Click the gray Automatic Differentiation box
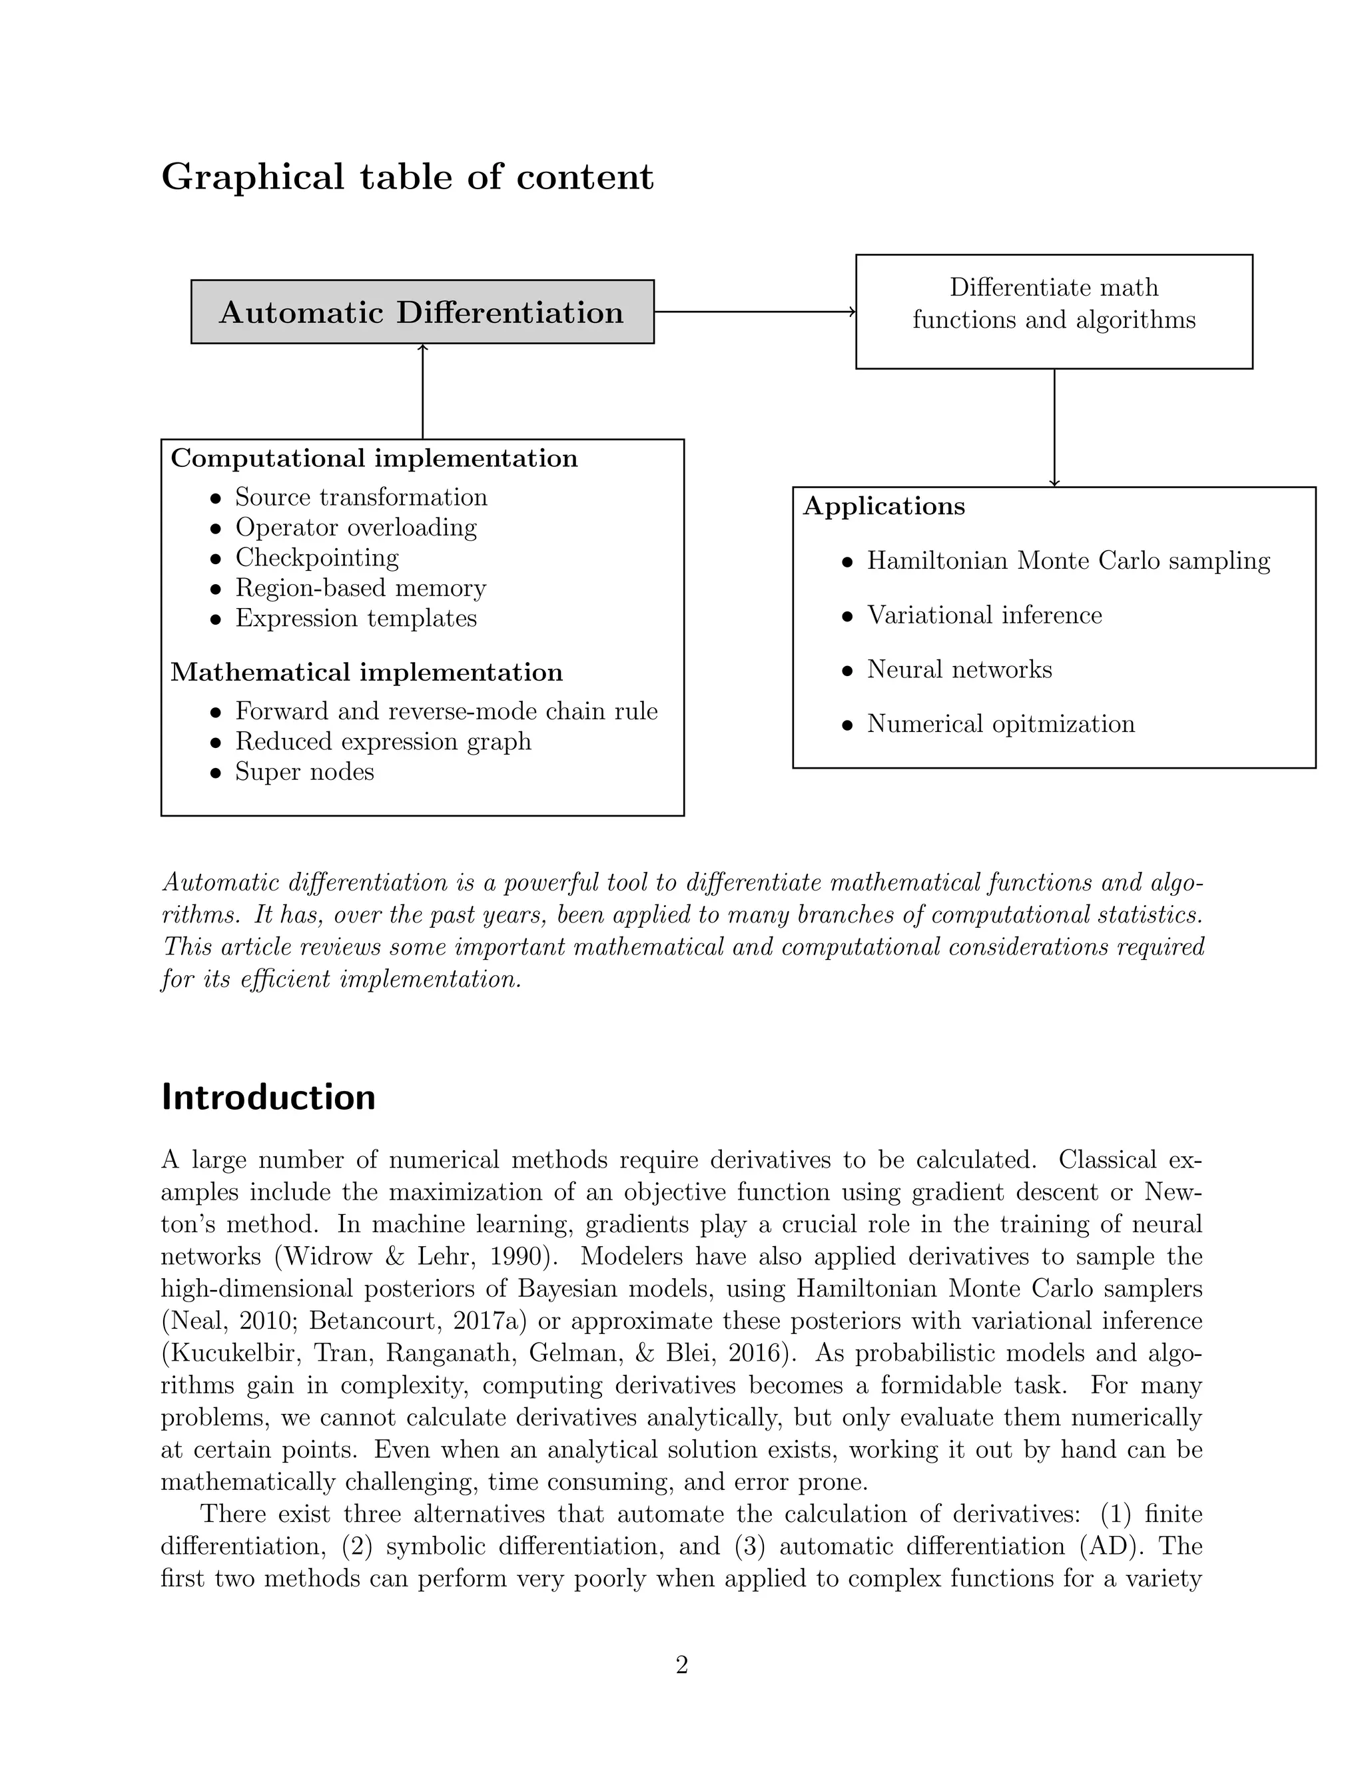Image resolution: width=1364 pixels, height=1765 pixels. click(x=422, y=312)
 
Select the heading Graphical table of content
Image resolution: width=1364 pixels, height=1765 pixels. click(x=407, y=177)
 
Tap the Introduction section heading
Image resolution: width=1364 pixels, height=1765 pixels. click(x=268, y=1098)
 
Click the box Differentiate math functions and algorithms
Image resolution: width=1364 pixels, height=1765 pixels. click(x=1054, y=311)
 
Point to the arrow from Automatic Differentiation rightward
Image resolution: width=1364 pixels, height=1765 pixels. click(x=754, y=311)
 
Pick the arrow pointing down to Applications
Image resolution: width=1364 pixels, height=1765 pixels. click(x=1054, y=428)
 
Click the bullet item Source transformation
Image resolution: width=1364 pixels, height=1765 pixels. click(x=360, y=496)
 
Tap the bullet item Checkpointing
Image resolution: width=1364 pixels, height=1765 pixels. click(x=317, y=557)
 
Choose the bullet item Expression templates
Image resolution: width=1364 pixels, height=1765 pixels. click(x=356, y=617)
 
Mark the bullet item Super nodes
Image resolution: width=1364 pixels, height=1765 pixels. click(x=304, y=771)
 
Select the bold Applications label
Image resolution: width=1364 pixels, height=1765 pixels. click(x=884, y=506)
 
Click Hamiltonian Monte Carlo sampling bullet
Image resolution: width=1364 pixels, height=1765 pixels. click(x=1068, y=560)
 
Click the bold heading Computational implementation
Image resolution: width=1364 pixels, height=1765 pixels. click(x=374, y=458)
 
